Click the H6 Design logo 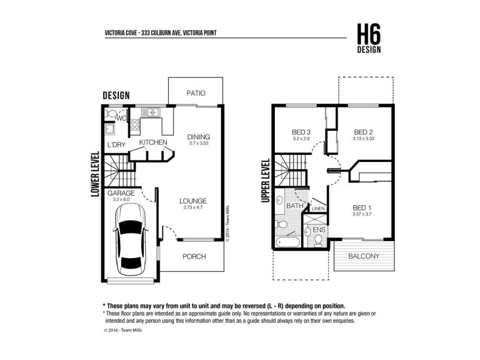pos(368,38)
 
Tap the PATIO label pos(196,93)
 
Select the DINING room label pos(199,136)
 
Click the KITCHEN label pos(153,142)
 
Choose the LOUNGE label pos(193,200)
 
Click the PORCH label pos(193,256)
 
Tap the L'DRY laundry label pos(116,145)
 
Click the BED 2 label pos(364,132)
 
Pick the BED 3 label pos(301,132)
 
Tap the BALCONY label pos(364,256)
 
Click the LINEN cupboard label pos(318,208)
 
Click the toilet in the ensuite pos(319,239)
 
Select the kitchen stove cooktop pos(136,125)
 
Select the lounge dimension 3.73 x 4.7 pos(193,208)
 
